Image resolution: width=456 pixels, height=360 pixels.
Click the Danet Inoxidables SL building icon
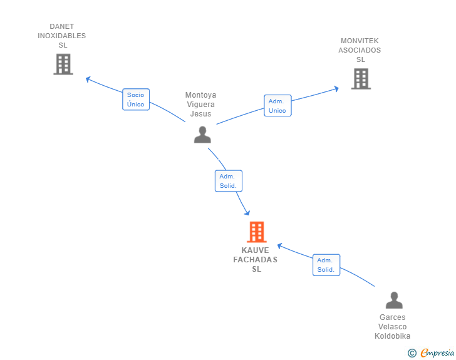pyautogui.click(x=63, y=64)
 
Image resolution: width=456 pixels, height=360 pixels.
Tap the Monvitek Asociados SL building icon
pyautogui.click(x=360, y=79)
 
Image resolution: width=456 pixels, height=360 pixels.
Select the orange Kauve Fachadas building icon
pyautogui.click(x=256, y=232)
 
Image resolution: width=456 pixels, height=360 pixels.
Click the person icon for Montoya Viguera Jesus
pyautogui.click(x=202, y=135)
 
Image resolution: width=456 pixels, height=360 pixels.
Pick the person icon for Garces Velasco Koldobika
pyautogui.click(x=393, y=301)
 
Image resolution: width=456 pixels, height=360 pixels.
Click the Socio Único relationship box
pyautogui.click(x=136, y=100)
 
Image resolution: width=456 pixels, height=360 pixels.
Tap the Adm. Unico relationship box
pyautogui.click(x=277, y=106)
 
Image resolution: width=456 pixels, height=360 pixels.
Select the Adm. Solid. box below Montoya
pyautogui.click(x=228, y=181)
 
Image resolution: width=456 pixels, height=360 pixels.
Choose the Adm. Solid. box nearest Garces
pyautogui.click(x=326, y=265)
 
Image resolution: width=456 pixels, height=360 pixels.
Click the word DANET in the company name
pyautogui.click(x=62, y=26)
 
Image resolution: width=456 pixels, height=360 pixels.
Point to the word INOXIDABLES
pyautogui.click(x=62, y=36)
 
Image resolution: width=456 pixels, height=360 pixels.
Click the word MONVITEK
pyautogui.click(x=360, y=41)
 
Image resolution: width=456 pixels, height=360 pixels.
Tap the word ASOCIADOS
pyautogui.click(x=360, y=50)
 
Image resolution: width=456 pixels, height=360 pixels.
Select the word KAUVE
pyautogui.click(x=255, y=250)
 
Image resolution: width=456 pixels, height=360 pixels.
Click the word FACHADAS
pyautogui.click(x=255, y=260)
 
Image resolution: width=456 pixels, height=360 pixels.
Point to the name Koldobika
pyautogui.click(x=393, y=336)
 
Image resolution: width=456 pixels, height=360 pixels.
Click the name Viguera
pyautogui.click(x=201, y=105)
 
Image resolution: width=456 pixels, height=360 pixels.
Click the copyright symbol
pyautogui.click(x=412, y=353)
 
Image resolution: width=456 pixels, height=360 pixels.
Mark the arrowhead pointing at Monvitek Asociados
pyautogui.click(x=336, y=88)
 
